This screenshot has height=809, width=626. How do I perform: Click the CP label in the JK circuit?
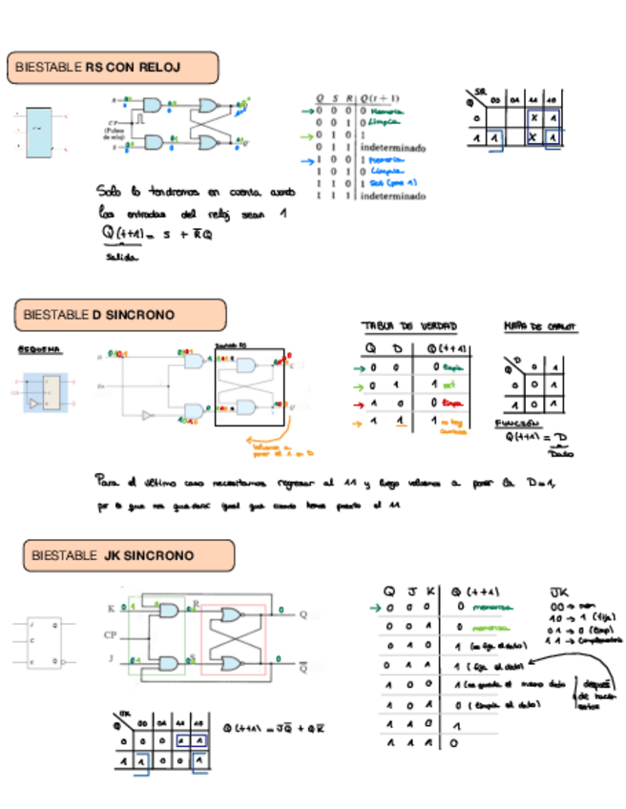pos(110,633)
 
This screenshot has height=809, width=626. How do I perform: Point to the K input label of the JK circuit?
pos(111,608)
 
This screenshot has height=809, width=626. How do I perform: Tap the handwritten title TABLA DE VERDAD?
pos(402,325)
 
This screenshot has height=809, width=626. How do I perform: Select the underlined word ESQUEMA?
pos(39,350)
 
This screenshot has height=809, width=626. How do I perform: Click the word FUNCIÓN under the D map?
pos(516,424)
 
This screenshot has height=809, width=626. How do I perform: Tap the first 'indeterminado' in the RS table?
pos(392,148)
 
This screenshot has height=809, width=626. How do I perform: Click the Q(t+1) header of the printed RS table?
pos(382,98)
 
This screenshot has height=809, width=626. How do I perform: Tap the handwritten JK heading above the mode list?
pos(559,591)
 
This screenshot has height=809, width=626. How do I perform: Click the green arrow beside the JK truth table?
pos(375,607)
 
